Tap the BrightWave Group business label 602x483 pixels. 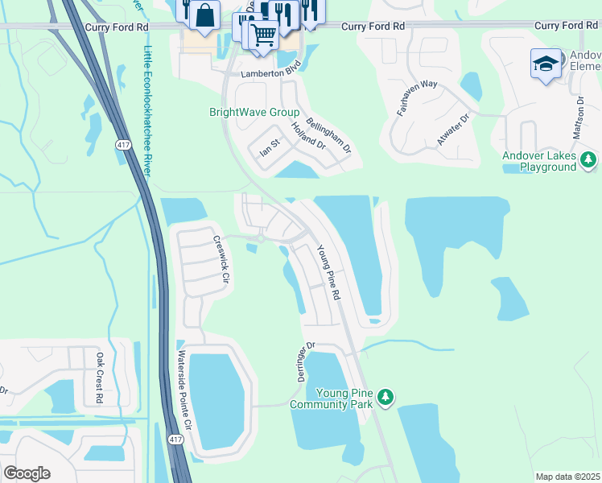254,113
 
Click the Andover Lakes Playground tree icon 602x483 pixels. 589,161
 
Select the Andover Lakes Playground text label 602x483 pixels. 538,161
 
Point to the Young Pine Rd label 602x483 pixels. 328,273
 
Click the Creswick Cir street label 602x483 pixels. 221,259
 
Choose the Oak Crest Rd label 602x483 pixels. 100,377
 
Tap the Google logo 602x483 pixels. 27,473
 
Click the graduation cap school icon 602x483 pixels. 546,64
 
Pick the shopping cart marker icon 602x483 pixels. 263,36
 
